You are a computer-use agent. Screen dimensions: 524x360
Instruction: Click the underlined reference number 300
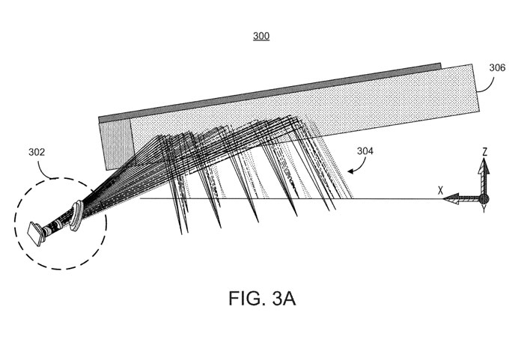(x=261, y=36)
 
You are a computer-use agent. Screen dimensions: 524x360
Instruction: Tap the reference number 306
(x=497, y=68)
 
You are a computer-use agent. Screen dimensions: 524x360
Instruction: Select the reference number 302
(x=37, y=153)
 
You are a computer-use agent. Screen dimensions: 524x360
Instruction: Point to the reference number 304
(x=365, y=151)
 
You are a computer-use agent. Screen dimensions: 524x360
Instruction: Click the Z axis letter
(x=484, y=152)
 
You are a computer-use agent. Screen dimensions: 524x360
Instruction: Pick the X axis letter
(x=440, y=191)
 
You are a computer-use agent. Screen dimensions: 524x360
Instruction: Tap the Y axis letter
(x=484, y=210)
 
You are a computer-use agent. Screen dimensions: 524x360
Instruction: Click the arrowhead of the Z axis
(x=484, y=166)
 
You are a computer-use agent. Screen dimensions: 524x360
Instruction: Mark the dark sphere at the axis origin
(x=484, y=199)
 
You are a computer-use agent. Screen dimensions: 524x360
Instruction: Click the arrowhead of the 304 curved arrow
(x=350, y=171)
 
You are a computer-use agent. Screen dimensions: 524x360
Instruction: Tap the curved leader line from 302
(x=43, y=171)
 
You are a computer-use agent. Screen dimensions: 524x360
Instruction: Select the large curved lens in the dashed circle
(x=77, y=216)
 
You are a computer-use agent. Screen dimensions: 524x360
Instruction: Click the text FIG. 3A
(x=262, y=299)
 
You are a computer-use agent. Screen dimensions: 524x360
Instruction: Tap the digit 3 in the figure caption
(x=278, y=299)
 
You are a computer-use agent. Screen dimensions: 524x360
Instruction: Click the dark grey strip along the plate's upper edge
(x=269, y=91)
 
